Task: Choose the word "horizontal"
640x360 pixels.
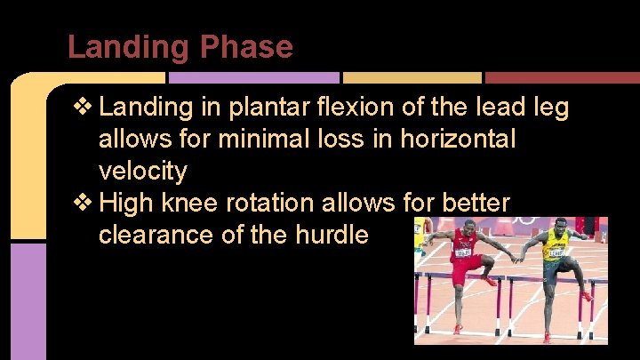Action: pos(460,140)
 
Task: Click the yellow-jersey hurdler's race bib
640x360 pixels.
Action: pos(555,252)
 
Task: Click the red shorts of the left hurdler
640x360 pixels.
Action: pos(466,267)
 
